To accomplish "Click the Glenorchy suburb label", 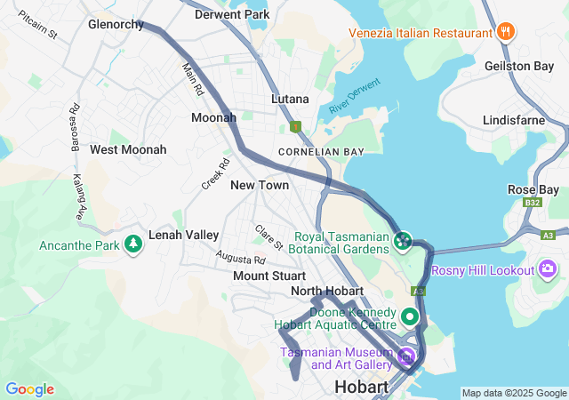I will (116, 25).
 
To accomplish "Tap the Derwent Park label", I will (232, 15).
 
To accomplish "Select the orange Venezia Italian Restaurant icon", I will (505, 32).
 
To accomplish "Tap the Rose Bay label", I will (533, 190).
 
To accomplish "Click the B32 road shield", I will (533, 204).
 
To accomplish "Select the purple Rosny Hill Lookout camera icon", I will (548, 268).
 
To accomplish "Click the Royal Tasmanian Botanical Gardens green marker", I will (402, 241).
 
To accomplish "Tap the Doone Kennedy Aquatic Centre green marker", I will (410, 316).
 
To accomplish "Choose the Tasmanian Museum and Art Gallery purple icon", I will (406, 357).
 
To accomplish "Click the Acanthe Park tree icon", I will (133, 243).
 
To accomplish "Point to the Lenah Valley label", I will (184, 235).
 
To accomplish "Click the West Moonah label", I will (128, 149).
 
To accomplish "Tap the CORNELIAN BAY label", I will (321, 153).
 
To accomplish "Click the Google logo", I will (29, 389).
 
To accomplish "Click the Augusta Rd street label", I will (240, 258).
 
